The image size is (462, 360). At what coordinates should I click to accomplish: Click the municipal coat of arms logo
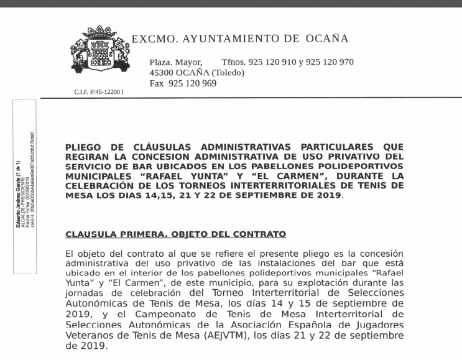tap(99, 49)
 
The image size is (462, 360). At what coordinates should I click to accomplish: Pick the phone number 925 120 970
tap(329, 62)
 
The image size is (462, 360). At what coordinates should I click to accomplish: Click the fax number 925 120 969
tap(192, 83)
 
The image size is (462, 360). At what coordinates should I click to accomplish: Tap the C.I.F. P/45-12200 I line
tap(99, 92)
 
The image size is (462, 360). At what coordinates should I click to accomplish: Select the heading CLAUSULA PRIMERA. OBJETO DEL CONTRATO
tap(175, 234)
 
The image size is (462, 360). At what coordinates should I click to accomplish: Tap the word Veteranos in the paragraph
tap(93, 336)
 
